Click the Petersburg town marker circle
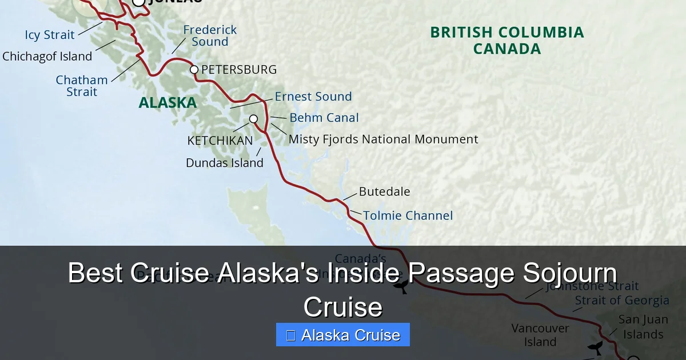[x=194, y=70]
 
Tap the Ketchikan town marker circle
[x=253, y=119]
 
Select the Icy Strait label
[x=50, y=35]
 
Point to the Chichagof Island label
[x=47, y=57]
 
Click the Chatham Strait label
[x=82, y=86]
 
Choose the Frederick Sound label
[x=210, y=35]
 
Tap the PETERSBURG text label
[x=239, y=70]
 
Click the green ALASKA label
[x=167, y=103]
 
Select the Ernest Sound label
[x=313, y=97]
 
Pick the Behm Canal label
[x=324, y=118]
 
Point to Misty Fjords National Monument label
[x=383, y=139]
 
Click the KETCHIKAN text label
[x=220, y=141]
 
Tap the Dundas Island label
[x=225, y=163]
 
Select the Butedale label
[x=384, y=192]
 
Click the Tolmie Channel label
[x=408, y=215]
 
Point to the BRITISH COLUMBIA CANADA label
[x=507, y=41]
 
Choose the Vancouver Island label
[x=540, y=335]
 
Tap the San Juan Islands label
[x=643, y=327]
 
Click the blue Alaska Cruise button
[x=343, y=335]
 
